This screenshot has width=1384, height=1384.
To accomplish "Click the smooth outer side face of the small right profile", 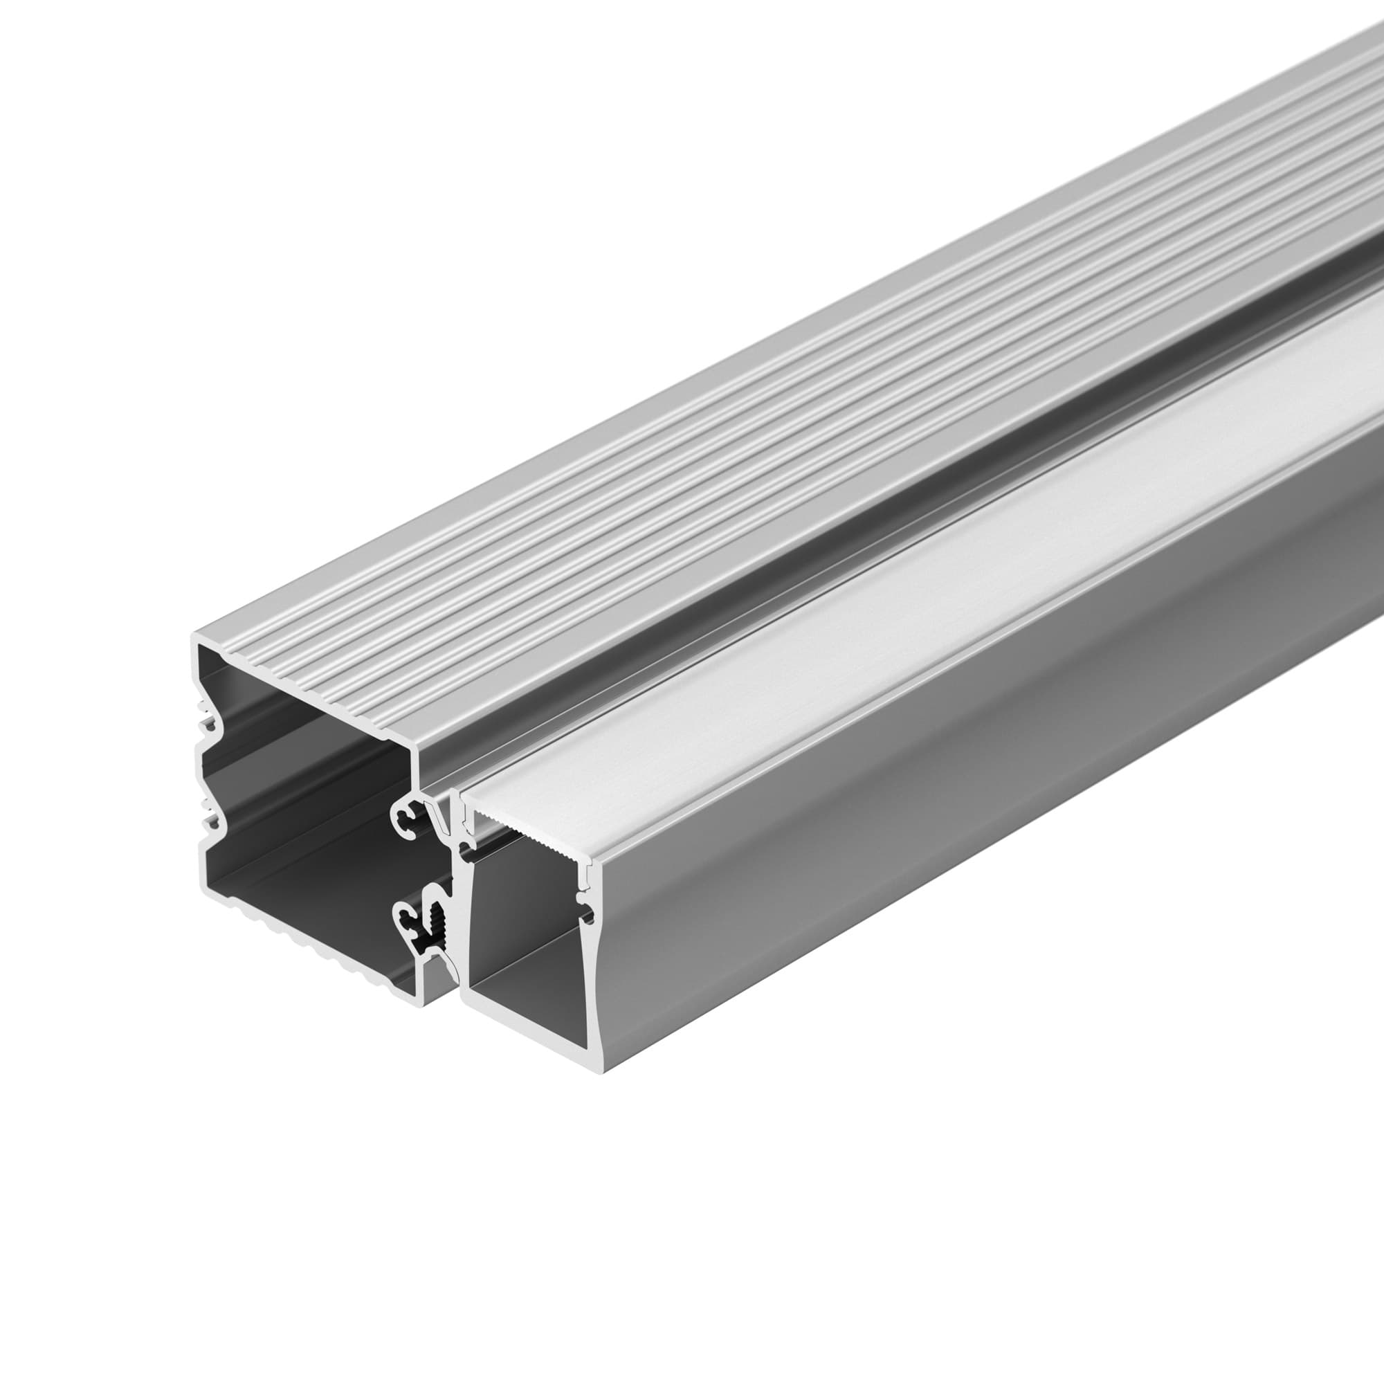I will click(x=931, y=859).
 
